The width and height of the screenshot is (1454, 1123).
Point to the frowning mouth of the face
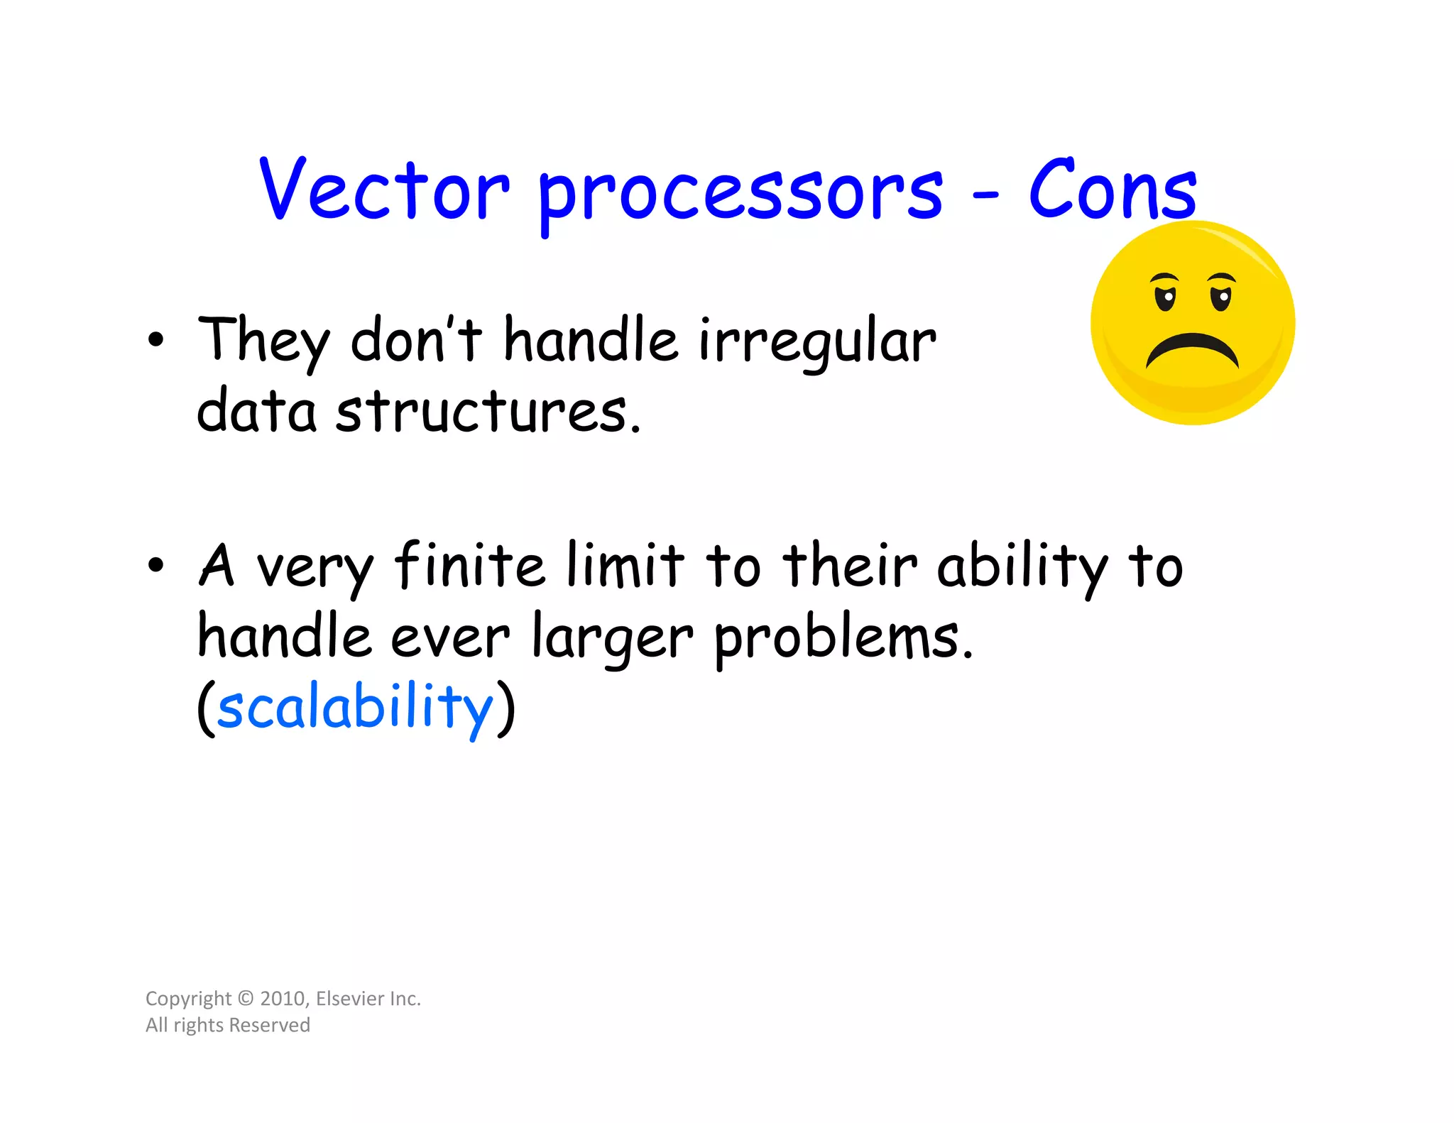pos(1192,349)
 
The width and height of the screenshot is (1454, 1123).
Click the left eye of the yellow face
pos(1165,297)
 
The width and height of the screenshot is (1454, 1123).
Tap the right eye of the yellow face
pos(1220,297)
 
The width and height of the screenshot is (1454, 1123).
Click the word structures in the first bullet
pos(488,412)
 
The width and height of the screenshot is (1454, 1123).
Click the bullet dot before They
pos(155,340)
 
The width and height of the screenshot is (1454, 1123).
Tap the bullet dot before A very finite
pos(155,566)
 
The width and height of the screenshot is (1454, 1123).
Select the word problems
pos(843,637)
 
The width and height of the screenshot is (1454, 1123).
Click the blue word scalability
pos(355,708)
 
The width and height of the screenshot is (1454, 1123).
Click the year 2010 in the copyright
pos(283,999)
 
